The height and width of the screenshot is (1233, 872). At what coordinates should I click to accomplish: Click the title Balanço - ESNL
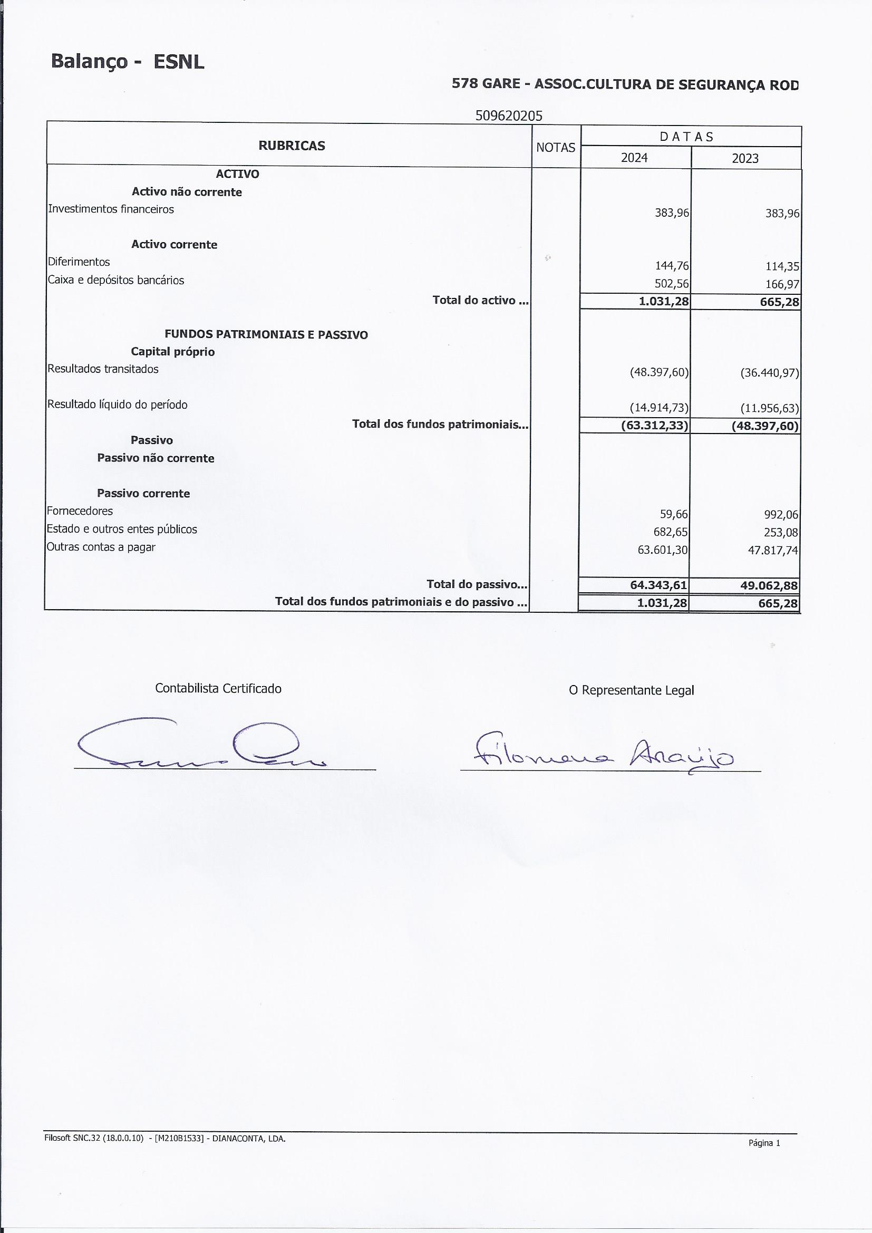coord(127,62)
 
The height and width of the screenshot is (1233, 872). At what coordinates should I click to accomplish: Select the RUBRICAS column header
coord(292,146)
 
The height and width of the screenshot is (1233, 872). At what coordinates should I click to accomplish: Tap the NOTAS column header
coord(555,148)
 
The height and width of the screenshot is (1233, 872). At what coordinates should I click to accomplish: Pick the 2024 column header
coord(634,158)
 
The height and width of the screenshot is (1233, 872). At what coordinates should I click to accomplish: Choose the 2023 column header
coord(745,158)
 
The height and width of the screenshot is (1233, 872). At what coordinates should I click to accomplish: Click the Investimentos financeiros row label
coord(111,209)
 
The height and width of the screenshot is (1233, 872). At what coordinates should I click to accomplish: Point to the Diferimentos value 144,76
coord(672,266)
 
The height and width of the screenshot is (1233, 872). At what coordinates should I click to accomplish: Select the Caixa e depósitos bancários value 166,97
coord(782,285)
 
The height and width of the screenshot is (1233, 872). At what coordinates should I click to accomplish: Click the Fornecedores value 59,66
coord(674,515)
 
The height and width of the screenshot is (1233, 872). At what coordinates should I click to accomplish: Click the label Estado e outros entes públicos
coord(122,529)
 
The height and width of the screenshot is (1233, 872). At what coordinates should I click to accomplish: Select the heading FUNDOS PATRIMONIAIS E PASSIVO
coord(266,334)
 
